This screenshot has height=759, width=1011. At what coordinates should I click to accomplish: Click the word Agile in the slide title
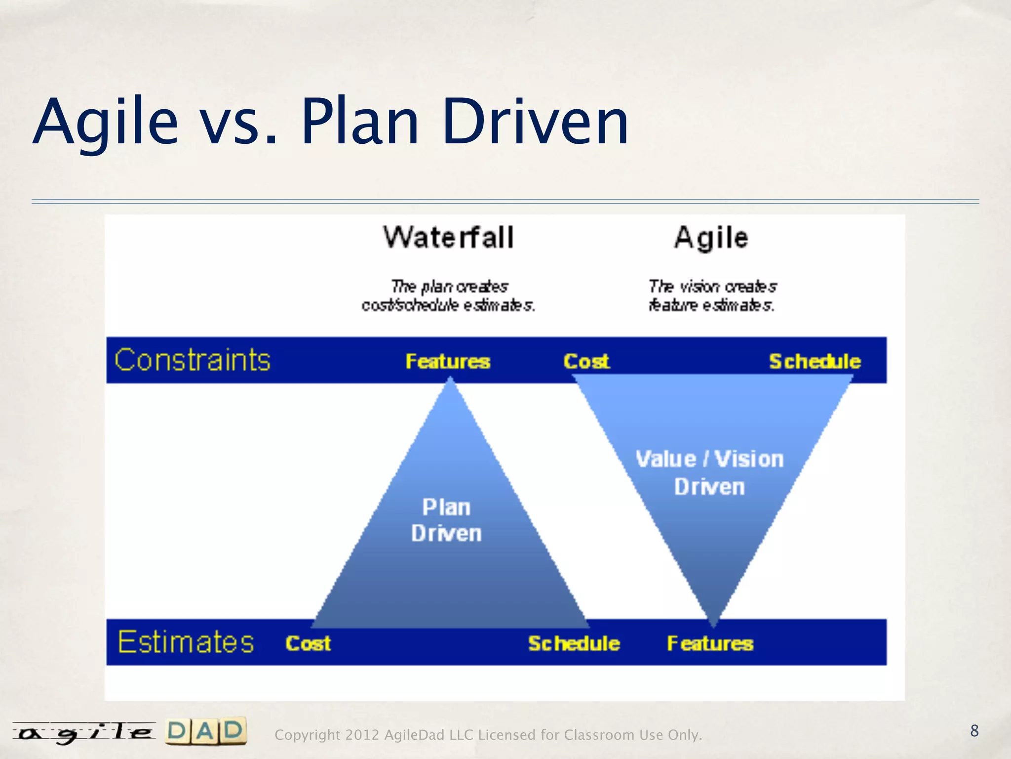(x=105, y=122)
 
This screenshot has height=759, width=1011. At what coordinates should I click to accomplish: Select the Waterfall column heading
(x=448, y=238)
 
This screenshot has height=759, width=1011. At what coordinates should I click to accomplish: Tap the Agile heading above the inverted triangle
(x=711, y=238)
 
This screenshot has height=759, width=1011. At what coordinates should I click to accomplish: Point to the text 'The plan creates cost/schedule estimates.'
(x=448, y=296)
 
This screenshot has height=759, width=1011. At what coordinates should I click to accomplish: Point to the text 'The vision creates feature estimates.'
(x=711, y=296)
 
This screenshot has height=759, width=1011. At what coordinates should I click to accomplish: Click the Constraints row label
(x=193, y=360)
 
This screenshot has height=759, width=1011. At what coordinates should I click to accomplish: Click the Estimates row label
(x=186, y=642)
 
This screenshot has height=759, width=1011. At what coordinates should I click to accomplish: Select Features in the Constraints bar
(x=448, y=361)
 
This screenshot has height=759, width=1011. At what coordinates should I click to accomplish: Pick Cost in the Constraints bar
(x=586, y=361)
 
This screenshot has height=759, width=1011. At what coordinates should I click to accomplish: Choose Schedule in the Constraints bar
(x=815, y=361)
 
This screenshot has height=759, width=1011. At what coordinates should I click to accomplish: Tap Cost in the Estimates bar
(x=308, y=643)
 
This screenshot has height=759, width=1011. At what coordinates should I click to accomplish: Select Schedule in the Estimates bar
(x=574, y=643)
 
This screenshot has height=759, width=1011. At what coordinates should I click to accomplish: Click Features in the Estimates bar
(x=710, y=643)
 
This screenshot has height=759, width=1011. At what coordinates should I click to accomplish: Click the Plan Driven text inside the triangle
(x=446, y=520)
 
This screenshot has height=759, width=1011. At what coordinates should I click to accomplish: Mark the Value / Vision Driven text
(x=709, y=473)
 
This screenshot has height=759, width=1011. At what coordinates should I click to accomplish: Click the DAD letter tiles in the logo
(x=205, y=731)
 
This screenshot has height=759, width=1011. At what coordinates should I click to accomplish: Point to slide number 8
(x=974, y=731)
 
